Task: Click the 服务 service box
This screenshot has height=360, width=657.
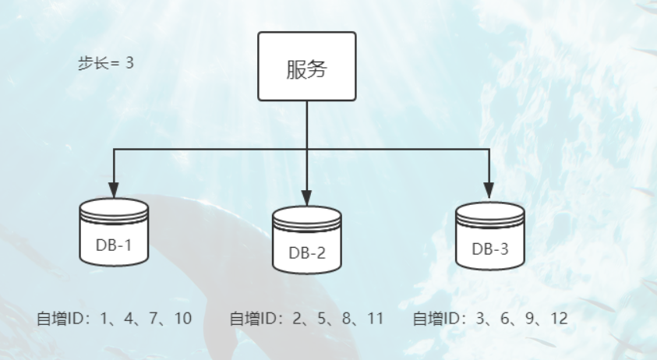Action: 307,66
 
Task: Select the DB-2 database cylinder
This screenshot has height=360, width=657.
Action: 307,240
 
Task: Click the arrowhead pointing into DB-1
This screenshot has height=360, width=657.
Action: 114,190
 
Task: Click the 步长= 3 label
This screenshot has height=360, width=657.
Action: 106,63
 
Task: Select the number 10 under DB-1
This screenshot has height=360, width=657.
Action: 182,319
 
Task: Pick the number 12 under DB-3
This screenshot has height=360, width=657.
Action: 557,319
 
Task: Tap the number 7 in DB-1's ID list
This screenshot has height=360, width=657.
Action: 154,319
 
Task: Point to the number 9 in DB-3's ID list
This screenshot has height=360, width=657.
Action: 529,319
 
